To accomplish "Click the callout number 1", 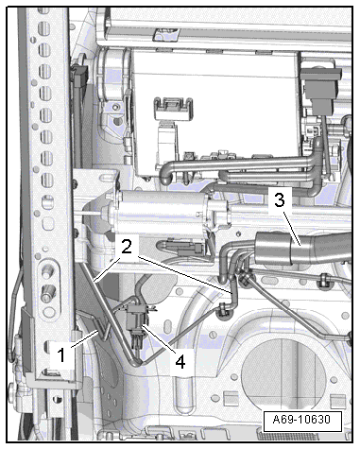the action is point(61,355).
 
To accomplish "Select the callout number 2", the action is point(126,247).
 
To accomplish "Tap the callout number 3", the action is point(279,199).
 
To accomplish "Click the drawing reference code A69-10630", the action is point(301,420).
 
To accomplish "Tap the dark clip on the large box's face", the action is point(173,109).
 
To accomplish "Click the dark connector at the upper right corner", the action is point(320,88).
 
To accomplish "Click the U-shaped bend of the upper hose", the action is point(165,175).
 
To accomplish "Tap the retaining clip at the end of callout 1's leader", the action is point(103,329).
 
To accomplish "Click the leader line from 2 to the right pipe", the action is point(186,274).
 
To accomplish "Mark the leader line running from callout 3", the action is point(293,229).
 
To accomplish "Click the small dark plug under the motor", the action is point(189,248).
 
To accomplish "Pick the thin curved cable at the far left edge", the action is point(13,315).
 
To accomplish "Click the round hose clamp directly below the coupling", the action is point(245,279).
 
